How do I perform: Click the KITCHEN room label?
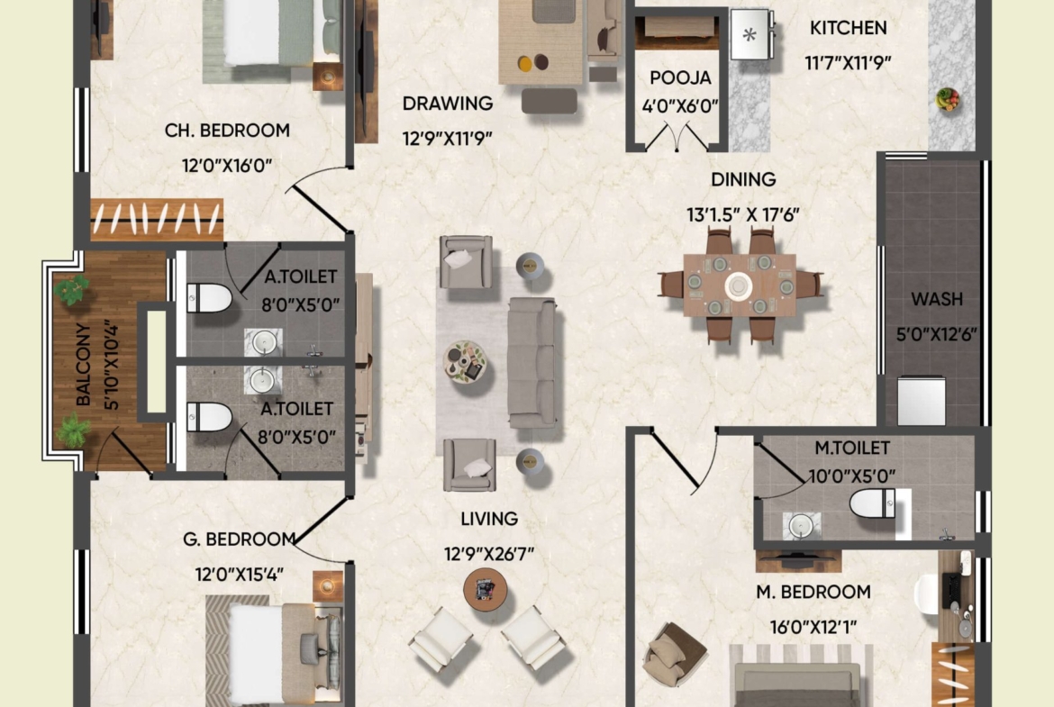[848, 28]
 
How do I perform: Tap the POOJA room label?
[680, 78]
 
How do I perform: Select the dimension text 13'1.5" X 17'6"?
[743, 215]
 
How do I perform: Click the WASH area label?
[936, 299]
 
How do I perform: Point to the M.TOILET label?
[852, 448]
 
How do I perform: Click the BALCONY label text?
[84, 364]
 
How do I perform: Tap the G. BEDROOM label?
[240, 539]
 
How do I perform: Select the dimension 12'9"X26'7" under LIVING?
[488, 555]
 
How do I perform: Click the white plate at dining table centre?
[739, 286]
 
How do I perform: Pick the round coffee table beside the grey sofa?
[465, 361]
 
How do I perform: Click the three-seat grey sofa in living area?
[532, 363]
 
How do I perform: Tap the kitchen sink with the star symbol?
[750, 34]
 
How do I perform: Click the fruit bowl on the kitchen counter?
[947, 99]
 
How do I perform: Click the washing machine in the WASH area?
[922, 401]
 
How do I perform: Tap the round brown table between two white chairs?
[485, 589]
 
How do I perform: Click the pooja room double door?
[677, 136]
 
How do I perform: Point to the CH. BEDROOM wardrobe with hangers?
[157, 220]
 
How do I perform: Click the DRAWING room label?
[448, 104]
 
